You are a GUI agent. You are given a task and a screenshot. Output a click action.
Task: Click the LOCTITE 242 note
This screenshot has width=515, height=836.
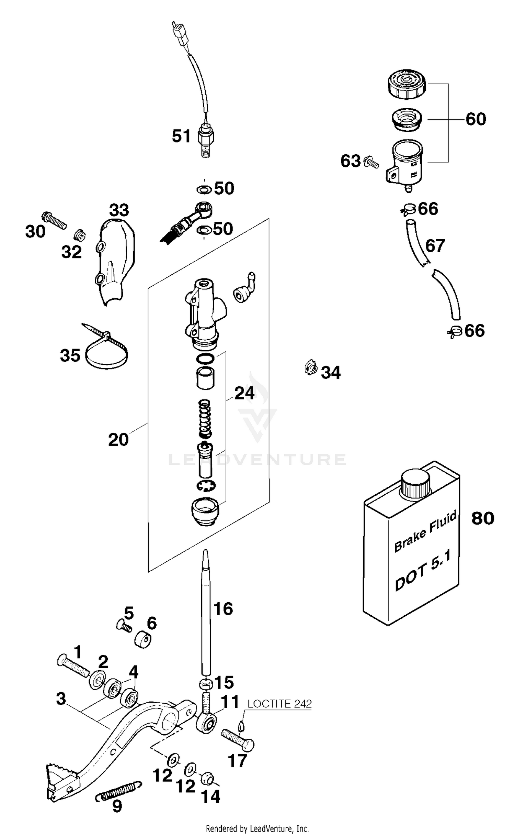point(279,704)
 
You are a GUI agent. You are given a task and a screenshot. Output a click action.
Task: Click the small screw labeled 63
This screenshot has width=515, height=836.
point(371,162)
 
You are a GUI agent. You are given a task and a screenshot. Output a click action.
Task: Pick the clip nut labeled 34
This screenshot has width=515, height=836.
point(310,368)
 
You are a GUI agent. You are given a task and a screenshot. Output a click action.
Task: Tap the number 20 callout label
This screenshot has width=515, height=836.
point(118,440)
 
